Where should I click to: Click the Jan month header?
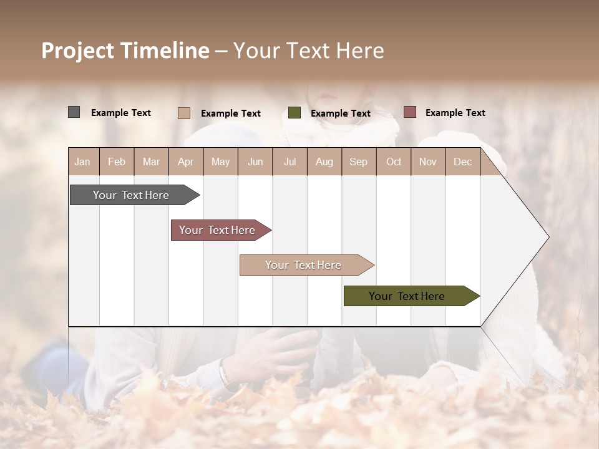[x=83, y=162]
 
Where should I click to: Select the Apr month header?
[x=186, y=162]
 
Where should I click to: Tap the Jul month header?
[x=290, y=162]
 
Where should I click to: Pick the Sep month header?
[x=358, y=162]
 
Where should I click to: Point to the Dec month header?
[x=462, y=162]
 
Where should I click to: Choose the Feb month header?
[x=117, y=162]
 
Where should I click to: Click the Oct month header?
[x=394, y=162]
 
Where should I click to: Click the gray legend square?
[x=74, y=112]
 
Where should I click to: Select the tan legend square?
[x=183, y=113]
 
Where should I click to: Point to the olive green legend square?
[x=295, y=113]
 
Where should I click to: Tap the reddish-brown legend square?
[x=409, y=112]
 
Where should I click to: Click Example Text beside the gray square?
[x=121, y=113]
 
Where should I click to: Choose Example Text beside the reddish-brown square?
[x=455, y=113]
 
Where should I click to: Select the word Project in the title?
[x=77, y=51]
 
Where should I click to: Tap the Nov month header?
[x=428, y=162]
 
